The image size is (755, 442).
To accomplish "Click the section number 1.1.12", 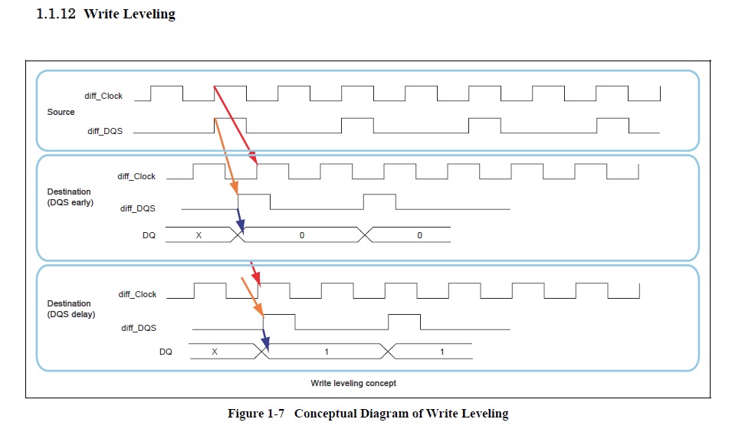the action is tap(56, 14).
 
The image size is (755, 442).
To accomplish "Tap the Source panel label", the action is tap(61, 112).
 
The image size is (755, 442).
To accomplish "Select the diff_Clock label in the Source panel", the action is tap(103, 97).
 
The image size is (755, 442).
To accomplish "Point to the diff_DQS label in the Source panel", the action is tap(105, 131).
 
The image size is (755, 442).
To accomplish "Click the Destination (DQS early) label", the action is tap(71, 197).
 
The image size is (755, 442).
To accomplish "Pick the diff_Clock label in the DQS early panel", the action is tap(136, 176).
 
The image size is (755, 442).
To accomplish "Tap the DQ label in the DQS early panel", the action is tap(149, 235).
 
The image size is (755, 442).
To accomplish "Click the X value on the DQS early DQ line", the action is tap(199, 235).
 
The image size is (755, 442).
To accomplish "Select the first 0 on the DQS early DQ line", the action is tap(302, 235).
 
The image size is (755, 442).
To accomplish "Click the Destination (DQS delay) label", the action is tap(71, 309).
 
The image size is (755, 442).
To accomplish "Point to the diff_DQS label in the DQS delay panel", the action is tap(139, 328).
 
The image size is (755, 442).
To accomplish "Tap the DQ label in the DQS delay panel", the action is tap(166, 352).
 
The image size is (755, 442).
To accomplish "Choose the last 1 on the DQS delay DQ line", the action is tap(442, 352).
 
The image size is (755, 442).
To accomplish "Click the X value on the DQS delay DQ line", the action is tap(215, 352).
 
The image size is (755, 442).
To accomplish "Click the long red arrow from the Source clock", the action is tap(235, 126).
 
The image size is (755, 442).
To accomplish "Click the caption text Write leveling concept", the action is tap(353, 383).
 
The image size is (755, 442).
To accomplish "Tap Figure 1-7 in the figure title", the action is tap(256, 414).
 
